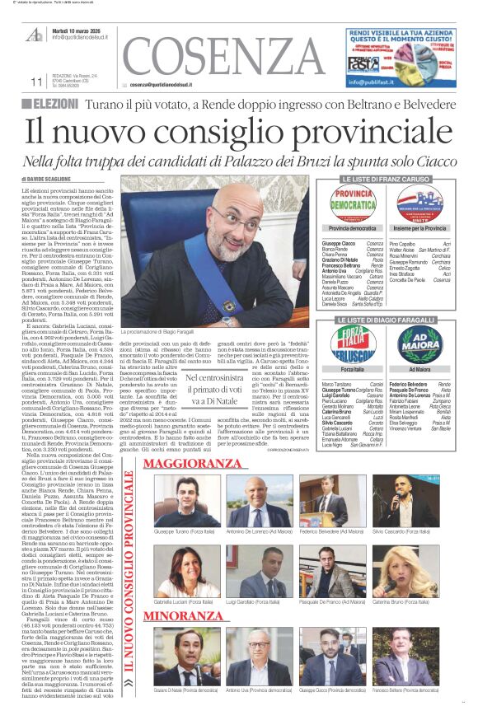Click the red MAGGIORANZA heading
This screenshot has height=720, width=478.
click(x=191, y=464)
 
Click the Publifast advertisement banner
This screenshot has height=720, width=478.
click(x=401, y=58)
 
